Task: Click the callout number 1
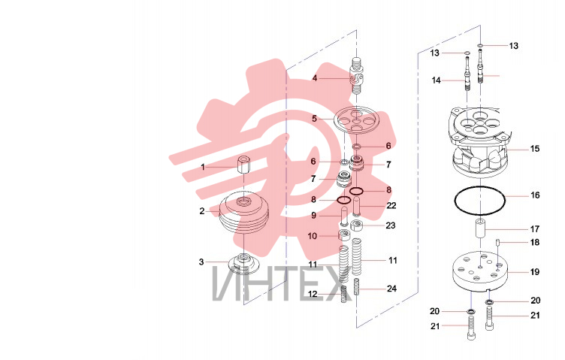(203, 167)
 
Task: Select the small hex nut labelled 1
(243, 165)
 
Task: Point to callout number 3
(201, 262)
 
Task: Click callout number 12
(313, 294)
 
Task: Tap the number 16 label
(535, 195)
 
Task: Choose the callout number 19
(535, 272)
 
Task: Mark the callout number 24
(391, 289)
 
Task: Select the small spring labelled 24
(357, 287)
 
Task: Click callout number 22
(391, 206)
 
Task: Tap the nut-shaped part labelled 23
(356, 226)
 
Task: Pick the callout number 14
(437, 80)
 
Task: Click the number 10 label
(312, 237)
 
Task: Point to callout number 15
(535, 149)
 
